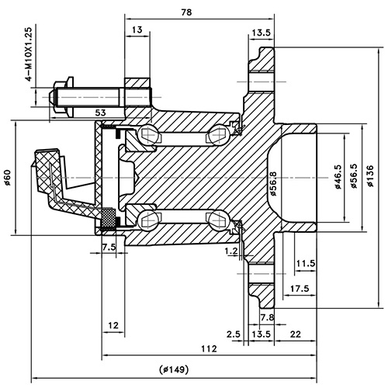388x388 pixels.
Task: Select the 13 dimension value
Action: click(137, 29)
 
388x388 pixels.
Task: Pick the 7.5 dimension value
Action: click(109, 247)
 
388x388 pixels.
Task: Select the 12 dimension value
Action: click(113, 324)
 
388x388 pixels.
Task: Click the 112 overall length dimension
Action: click(207, 348)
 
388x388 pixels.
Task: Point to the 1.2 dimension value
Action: click(230, 251)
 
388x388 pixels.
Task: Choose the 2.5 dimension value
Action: click(234, 334)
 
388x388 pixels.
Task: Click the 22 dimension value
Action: click(295, 334)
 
